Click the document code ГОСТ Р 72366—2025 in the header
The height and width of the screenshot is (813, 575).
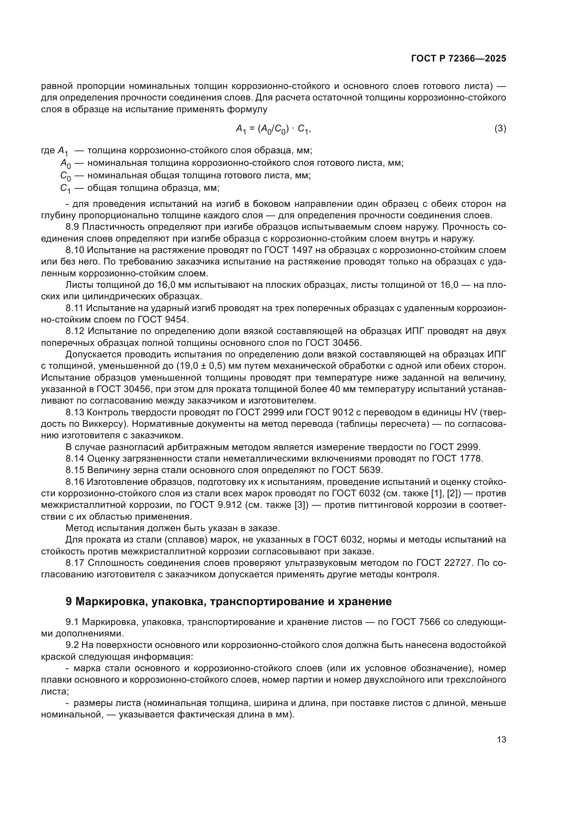pyautogui.click(x=459, y=59)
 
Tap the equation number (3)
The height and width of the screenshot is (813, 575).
pyautogui.click(x=500, y=129)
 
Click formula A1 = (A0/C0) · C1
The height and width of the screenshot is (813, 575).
pyautogui.click(x=273, y=130)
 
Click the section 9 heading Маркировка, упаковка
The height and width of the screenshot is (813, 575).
pyautogui.click(x=229, y=602)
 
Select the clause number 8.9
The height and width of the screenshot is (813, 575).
pyautogui.click(x=72, y=227)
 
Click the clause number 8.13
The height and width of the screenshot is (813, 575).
pyautogui.click(x=75, y=413)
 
